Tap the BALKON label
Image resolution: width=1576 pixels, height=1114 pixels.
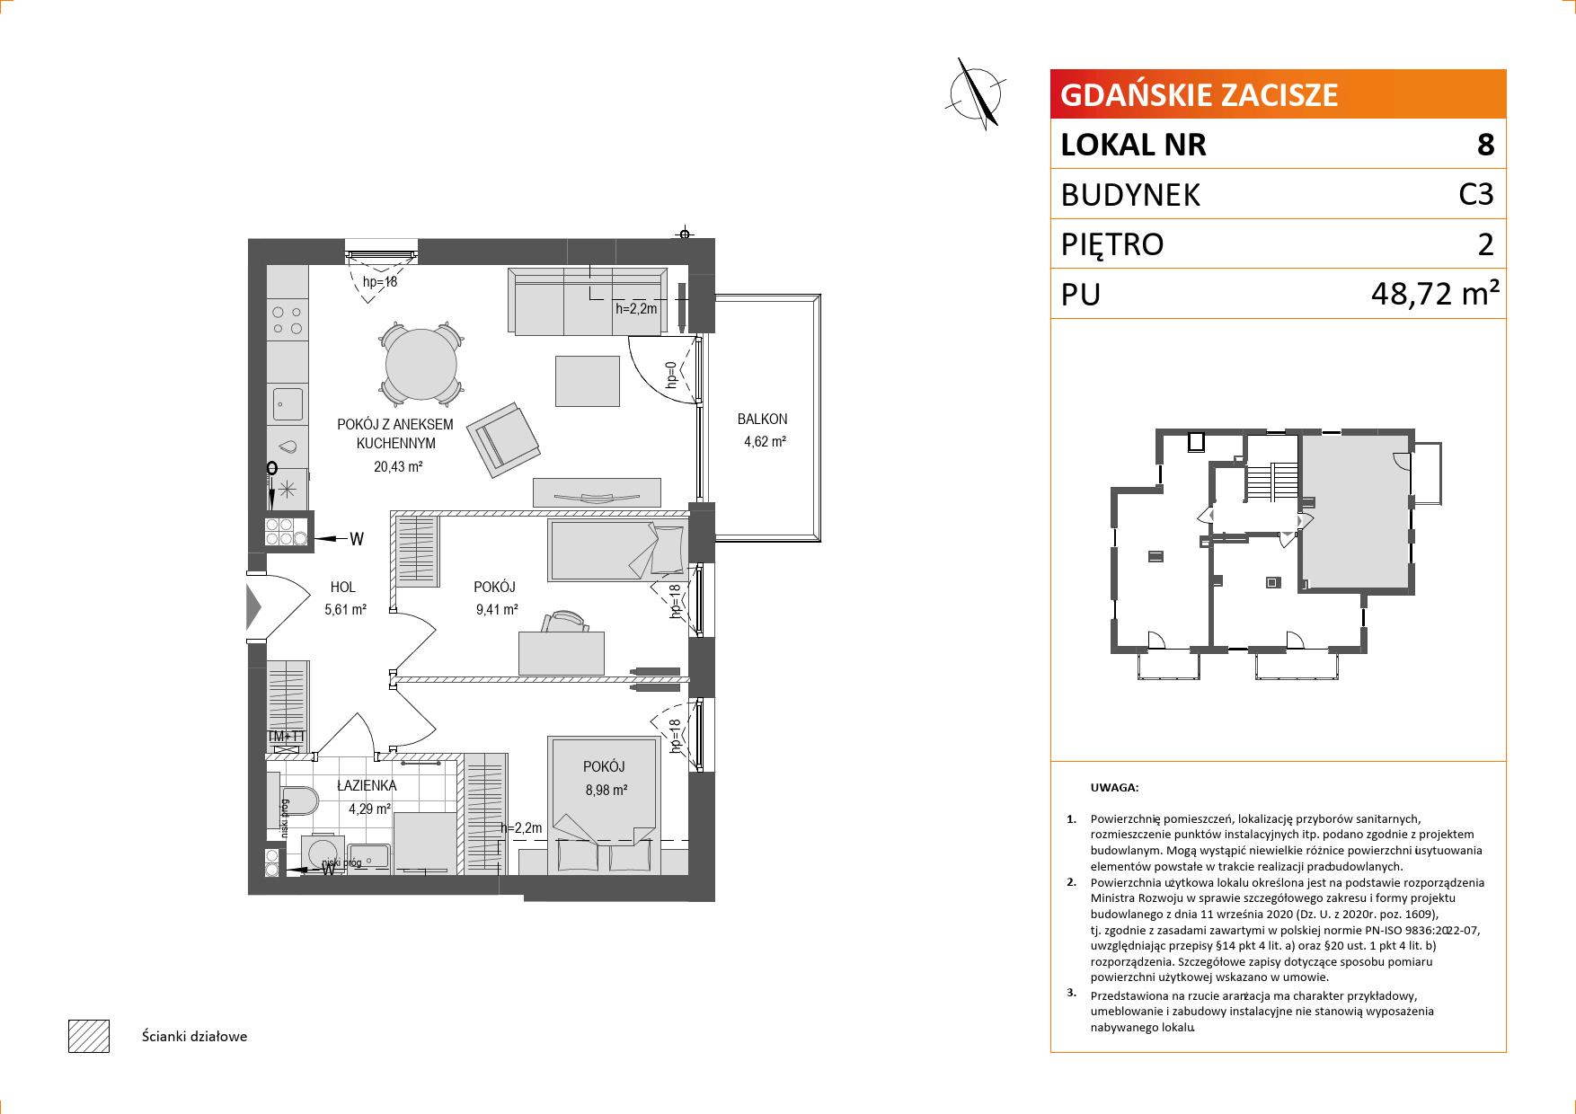tap(762, 419)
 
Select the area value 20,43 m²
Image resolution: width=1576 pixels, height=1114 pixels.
tap(398, 466)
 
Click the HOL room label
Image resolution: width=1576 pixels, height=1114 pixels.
tap(343, 588)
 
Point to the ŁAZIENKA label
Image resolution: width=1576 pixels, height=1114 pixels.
tap(367, 785)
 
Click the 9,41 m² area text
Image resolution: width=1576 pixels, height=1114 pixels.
tap(496, 609)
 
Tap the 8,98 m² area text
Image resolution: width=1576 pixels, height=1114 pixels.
tap(605, 790)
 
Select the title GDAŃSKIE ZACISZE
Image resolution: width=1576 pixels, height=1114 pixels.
tap(1200, 94)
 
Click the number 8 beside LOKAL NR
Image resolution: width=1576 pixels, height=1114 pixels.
tap(1485, 145)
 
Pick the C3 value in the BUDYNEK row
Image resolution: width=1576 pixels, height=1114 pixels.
tap(1476, 194)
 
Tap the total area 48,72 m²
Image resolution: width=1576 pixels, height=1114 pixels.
tap(1436, 293)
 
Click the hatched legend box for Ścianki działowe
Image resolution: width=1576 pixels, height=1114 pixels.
tap(89, 1036)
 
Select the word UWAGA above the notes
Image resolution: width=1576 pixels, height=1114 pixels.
tap(1114, 788)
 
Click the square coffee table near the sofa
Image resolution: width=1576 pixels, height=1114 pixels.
tap(588, 381)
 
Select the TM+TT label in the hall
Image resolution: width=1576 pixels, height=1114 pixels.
tap(287, 737)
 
